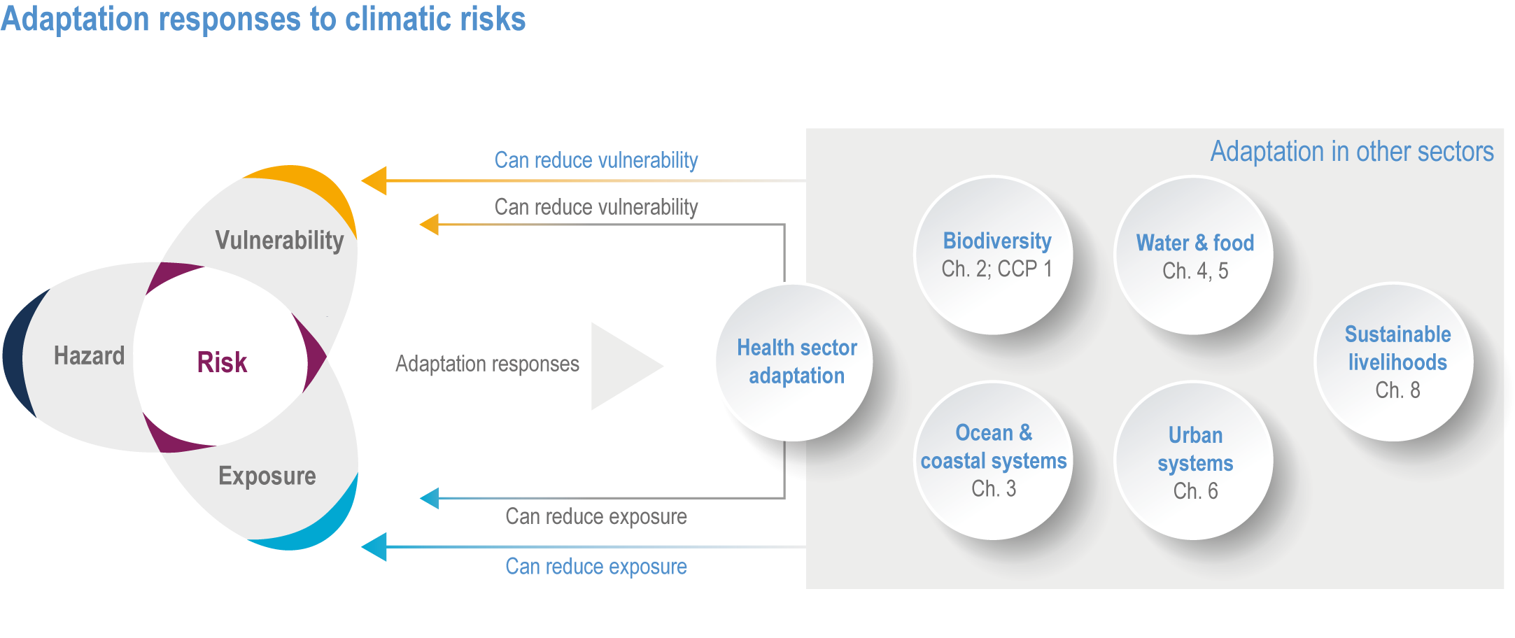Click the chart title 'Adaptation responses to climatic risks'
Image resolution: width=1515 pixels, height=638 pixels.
pos(263,19)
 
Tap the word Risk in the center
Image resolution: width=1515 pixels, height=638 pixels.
pos(222,362)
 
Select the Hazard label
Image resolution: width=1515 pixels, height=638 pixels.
pos(89,355)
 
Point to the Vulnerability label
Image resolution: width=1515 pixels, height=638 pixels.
pos(279,240)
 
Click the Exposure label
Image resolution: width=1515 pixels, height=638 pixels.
pos(267,476)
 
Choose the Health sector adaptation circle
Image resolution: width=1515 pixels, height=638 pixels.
pos(794,362)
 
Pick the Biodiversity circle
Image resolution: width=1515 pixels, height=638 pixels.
pos(994,255)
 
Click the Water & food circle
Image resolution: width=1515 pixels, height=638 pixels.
pos(1194,255)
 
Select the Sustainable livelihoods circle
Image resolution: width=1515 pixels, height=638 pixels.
pos(1395,362)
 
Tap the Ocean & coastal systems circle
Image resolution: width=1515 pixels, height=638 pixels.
pos(994,460)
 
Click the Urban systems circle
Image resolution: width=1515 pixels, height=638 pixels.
pos(1194,460)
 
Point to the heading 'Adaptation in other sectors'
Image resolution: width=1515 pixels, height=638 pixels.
pos(1352,151)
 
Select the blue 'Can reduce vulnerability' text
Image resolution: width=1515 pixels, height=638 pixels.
pos(596,160)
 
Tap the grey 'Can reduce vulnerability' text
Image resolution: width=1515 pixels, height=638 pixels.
pos(596,207)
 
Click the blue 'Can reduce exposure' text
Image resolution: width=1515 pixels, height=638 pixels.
pos(596,566)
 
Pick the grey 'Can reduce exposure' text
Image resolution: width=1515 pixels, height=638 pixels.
pos(596,516)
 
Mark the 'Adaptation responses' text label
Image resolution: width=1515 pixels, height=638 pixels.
pos(487,364)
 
